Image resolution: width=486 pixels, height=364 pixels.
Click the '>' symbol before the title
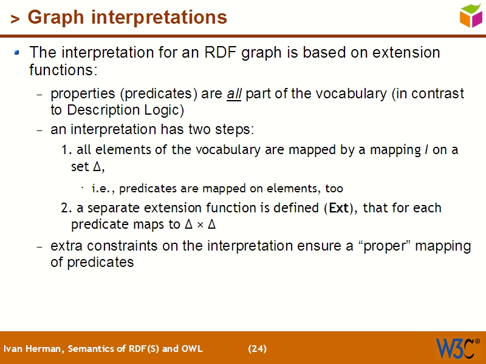pos(15,19)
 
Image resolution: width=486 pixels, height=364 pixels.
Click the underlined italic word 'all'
pos(234,94)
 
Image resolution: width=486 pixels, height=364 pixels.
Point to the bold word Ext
pos(338,208)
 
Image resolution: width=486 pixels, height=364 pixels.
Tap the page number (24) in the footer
pos(257,349)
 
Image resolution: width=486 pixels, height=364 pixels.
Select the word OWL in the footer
pos(192,349)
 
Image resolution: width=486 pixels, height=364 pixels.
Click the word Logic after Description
pos(165,110)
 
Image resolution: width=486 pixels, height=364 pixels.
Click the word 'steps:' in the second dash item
pos(233,130)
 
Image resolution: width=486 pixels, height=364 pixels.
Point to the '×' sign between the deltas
pos(200,225)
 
